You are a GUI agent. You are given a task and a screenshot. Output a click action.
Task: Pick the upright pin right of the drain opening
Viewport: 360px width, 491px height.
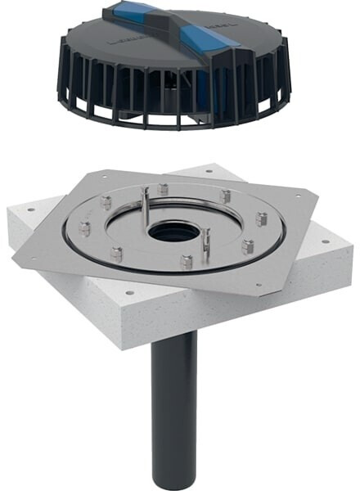pos(208,242)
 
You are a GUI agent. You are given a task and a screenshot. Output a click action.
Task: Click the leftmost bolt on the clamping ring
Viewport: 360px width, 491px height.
pos(84,230)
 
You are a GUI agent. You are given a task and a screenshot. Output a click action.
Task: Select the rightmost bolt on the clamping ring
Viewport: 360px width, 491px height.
pos(261,218)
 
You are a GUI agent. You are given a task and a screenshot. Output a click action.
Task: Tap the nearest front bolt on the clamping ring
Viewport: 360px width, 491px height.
pos(187,261)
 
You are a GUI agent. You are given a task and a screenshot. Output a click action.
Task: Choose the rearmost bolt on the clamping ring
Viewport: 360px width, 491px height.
pos(164,189)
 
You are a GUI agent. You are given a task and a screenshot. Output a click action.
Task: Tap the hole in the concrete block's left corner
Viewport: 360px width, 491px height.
pos(31,209)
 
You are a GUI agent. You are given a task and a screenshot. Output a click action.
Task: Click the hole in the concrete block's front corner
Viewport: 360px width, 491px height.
pos(128,292)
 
